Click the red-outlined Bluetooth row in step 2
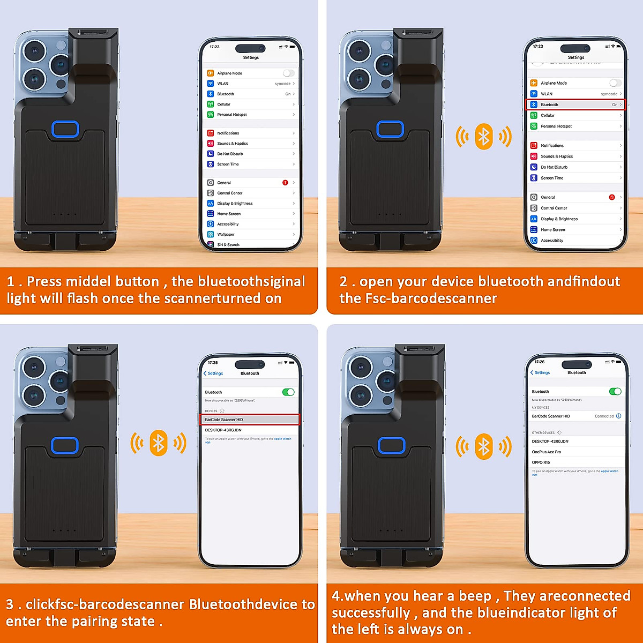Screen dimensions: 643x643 (x=575, y=104)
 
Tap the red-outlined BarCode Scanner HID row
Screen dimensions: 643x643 (x=249, y=420)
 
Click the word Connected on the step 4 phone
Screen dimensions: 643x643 (x=604, y=416)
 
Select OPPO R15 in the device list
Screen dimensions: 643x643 (x=541, y=462)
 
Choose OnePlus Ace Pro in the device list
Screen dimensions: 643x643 (x=546, y=452)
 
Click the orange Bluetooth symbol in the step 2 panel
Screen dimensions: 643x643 (x=484, y=137)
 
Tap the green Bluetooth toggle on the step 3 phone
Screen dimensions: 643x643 (x=288, y=392)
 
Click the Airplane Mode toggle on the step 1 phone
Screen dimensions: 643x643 (x=288, y=73)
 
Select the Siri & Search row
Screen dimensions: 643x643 (x=228, y=244)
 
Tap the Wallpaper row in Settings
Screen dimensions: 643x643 (x=226, y=234)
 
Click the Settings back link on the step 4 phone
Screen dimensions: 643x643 (x=540, y=372)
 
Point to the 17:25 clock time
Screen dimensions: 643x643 (x=213, y=363)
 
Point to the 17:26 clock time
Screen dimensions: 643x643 (x=539, y=362)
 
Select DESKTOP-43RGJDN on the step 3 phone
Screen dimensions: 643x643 (x=223, y=430)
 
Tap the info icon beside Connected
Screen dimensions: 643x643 (x=619, y=416)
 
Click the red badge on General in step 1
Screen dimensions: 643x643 (x=285, y=183)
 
